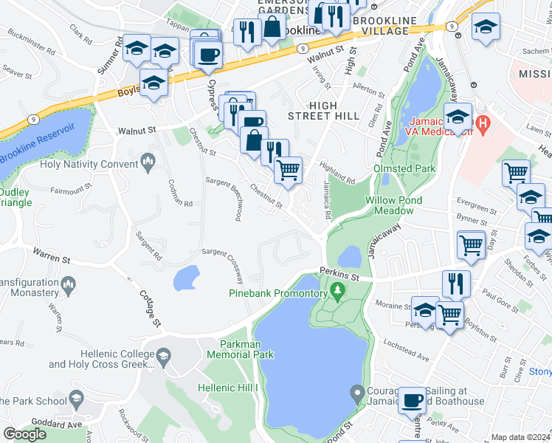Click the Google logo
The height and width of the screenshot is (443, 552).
24,433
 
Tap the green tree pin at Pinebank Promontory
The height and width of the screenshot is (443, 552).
339,289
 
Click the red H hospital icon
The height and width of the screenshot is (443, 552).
483,123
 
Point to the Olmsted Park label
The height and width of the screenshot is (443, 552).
404,169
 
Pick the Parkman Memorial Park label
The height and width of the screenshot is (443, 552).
246,349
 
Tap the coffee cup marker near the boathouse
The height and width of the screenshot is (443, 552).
412,399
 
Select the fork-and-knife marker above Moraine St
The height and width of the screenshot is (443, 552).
456,284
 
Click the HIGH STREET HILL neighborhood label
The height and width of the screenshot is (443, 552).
323,111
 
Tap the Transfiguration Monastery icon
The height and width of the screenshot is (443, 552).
68,283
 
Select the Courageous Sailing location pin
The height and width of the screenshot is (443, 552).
357,392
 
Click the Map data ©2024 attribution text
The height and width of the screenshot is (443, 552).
520,437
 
